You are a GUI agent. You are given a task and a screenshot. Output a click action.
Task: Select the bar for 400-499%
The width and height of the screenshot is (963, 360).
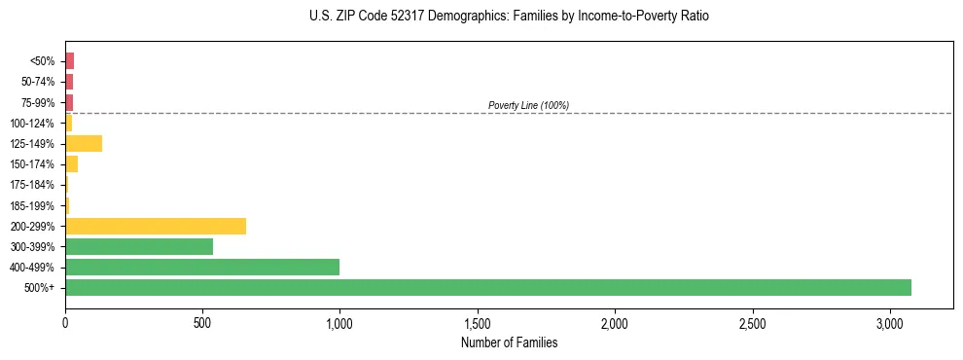pyautogui.click(x=202, y=268)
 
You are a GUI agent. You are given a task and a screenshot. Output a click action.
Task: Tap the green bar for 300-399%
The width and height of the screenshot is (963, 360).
pyautogui.click(x=139, y=247)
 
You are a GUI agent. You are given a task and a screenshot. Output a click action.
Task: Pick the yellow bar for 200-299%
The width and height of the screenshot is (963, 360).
pyautogui.click(x=156, y=227)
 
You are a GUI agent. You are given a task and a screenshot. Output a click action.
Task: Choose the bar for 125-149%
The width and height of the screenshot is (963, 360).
pyautogui.click(x=84, y=144)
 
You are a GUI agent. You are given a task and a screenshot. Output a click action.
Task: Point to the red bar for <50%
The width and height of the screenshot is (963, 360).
pyautogui.click(x=70, y=61)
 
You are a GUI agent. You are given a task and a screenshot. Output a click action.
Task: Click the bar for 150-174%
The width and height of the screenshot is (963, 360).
pyautogui.click(x=72, y=164)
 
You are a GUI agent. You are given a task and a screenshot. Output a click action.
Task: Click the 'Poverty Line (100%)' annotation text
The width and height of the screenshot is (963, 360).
pyautogui.click(x=528, y=105)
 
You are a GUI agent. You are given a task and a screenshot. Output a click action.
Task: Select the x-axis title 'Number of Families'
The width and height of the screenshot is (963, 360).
pyautogui.click(x=509, y=342)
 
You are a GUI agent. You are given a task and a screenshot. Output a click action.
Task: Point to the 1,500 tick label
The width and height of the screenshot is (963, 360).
pyautogui.click(x=478, y=322)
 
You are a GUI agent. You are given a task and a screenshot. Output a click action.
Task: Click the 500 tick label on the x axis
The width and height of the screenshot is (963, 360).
pyautogui.click(x=202, y=322)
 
